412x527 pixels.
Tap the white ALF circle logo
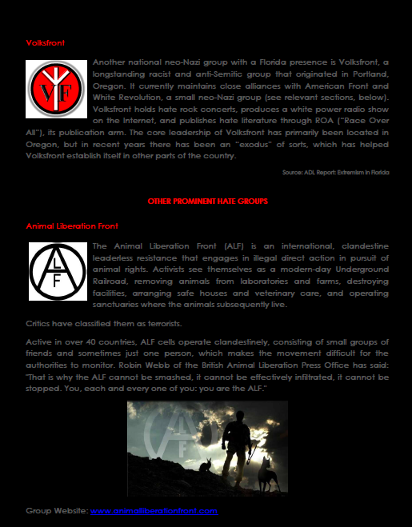[57, 269]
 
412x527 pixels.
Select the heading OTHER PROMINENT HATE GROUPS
[208, 201]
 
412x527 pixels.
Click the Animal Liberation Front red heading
[63, 227]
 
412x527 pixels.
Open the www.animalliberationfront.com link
[154, 509]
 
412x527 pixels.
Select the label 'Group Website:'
[56, 509]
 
